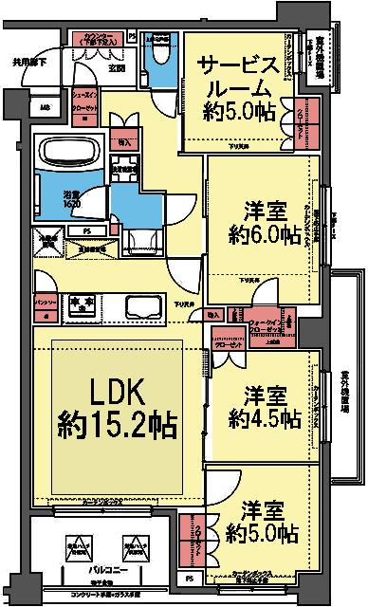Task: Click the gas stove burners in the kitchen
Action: click(77, 303)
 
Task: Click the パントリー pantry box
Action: click(43, 303)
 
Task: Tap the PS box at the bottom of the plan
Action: click(190, 578)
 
